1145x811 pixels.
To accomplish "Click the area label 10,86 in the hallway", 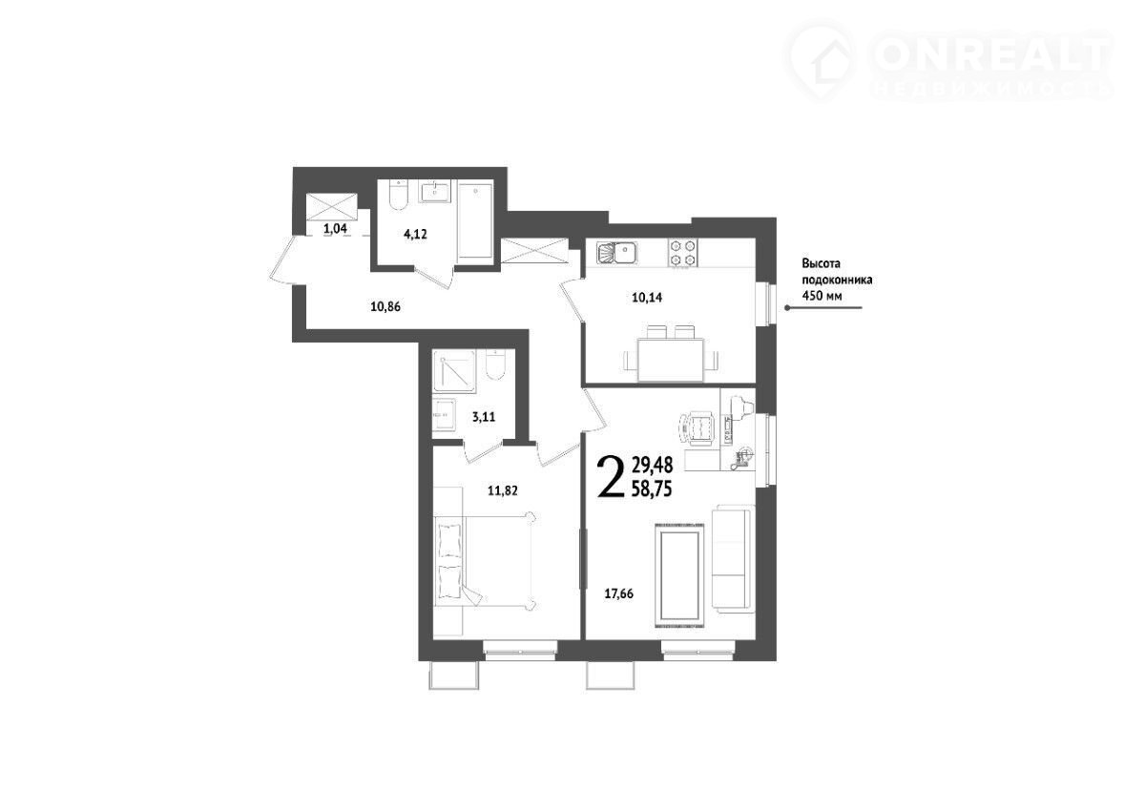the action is pyautogui.click(x=385, y=306).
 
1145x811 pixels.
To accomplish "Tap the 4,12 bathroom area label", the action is pyautogui.click(x=415, y=235).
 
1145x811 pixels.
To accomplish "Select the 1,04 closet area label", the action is pyautogui.click(x=335, y=228).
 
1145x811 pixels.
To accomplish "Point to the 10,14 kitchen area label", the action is pyautogui.click(x=647, y=298).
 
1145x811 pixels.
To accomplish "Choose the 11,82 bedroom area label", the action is pyautogui.click(x=503, y=491).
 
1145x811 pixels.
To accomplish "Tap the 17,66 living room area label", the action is pyautogui.click(x=619, y=593).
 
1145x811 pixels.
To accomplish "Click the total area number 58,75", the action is pyautogui.click(x=653, y=489).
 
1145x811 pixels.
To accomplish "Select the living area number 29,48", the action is pyautogui.click(x=653, y=465).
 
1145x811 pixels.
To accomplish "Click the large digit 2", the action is pyautogui.click(x=611, y=477).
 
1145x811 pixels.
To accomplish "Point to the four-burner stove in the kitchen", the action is pyautogui.click(x=682, y=253).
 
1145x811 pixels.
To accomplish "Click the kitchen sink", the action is pyautogui.click(x=616, y=253).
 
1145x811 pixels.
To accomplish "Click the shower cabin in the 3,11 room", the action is pyautogui.click(x=454, y=371).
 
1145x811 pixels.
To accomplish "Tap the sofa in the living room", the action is pyautogui.click(x=734, y=558).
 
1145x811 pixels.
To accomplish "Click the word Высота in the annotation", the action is pyautogui.click(x=822, y=264).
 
